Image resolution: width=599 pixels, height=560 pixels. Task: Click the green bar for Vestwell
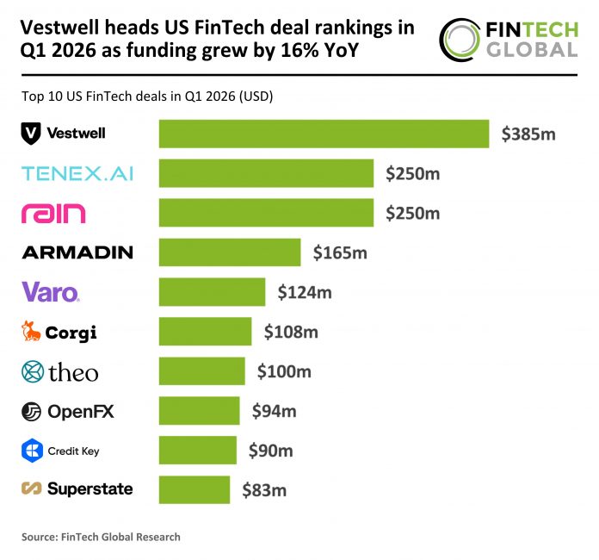(324, 134)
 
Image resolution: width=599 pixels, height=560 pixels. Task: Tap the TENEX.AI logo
(77, 174)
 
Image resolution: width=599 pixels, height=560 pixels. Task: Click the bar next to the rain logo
(266, 213)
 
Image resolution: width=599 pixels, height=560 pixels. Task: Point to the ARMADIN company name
(77, 252)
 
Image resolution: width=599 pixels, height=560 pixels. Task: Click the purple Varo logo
(51, 292)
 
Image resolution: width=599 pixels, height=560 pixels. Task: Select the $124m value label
(304, 292)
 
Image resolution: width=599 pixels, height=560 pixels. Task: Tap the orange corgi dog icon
(31, 332)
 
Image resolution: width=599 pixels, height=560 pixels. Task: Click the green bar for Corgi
(205, 332)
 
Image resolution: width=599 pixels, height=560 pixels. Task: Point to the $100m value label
(283, 372)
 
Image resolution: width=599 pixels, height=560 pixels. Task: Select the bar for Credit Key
(197, 451)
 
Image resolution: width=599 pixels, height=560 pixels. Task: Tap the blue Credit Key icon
(32, 451)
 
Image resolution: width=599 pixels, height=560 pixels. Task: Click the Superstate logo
(77, 489)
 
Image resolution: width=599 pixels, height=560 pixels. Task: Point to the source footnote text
(101, 537)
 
